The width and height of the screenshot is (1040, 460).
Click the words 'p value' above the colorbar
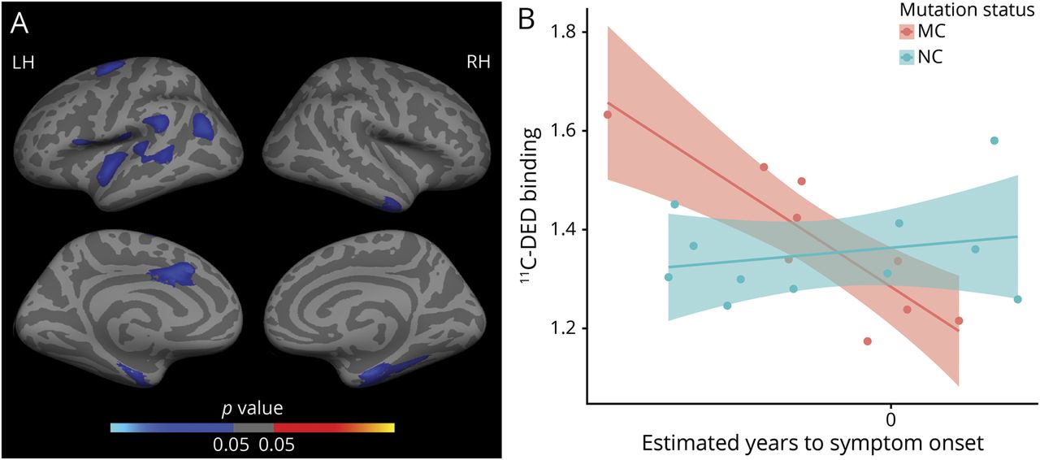tap(252, 406)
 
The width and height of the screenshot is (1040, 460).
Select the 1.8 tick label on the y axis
tap(562, 32)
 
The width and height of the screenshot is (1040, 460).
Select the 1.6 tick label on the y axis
tap(562, 131)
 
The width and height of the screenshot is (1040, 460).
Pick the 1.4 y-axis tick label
tap(562, 230)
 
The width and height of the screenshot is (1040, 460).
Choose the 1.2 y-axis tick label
tap(562, 329)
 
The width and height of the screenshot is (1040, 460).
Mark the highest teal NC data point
tap(994, 141)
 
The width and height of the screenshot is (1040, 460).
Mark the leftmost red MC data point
tap(607, 115)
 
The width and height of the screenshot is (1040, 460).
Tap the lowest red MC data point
tap(868, 341)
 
